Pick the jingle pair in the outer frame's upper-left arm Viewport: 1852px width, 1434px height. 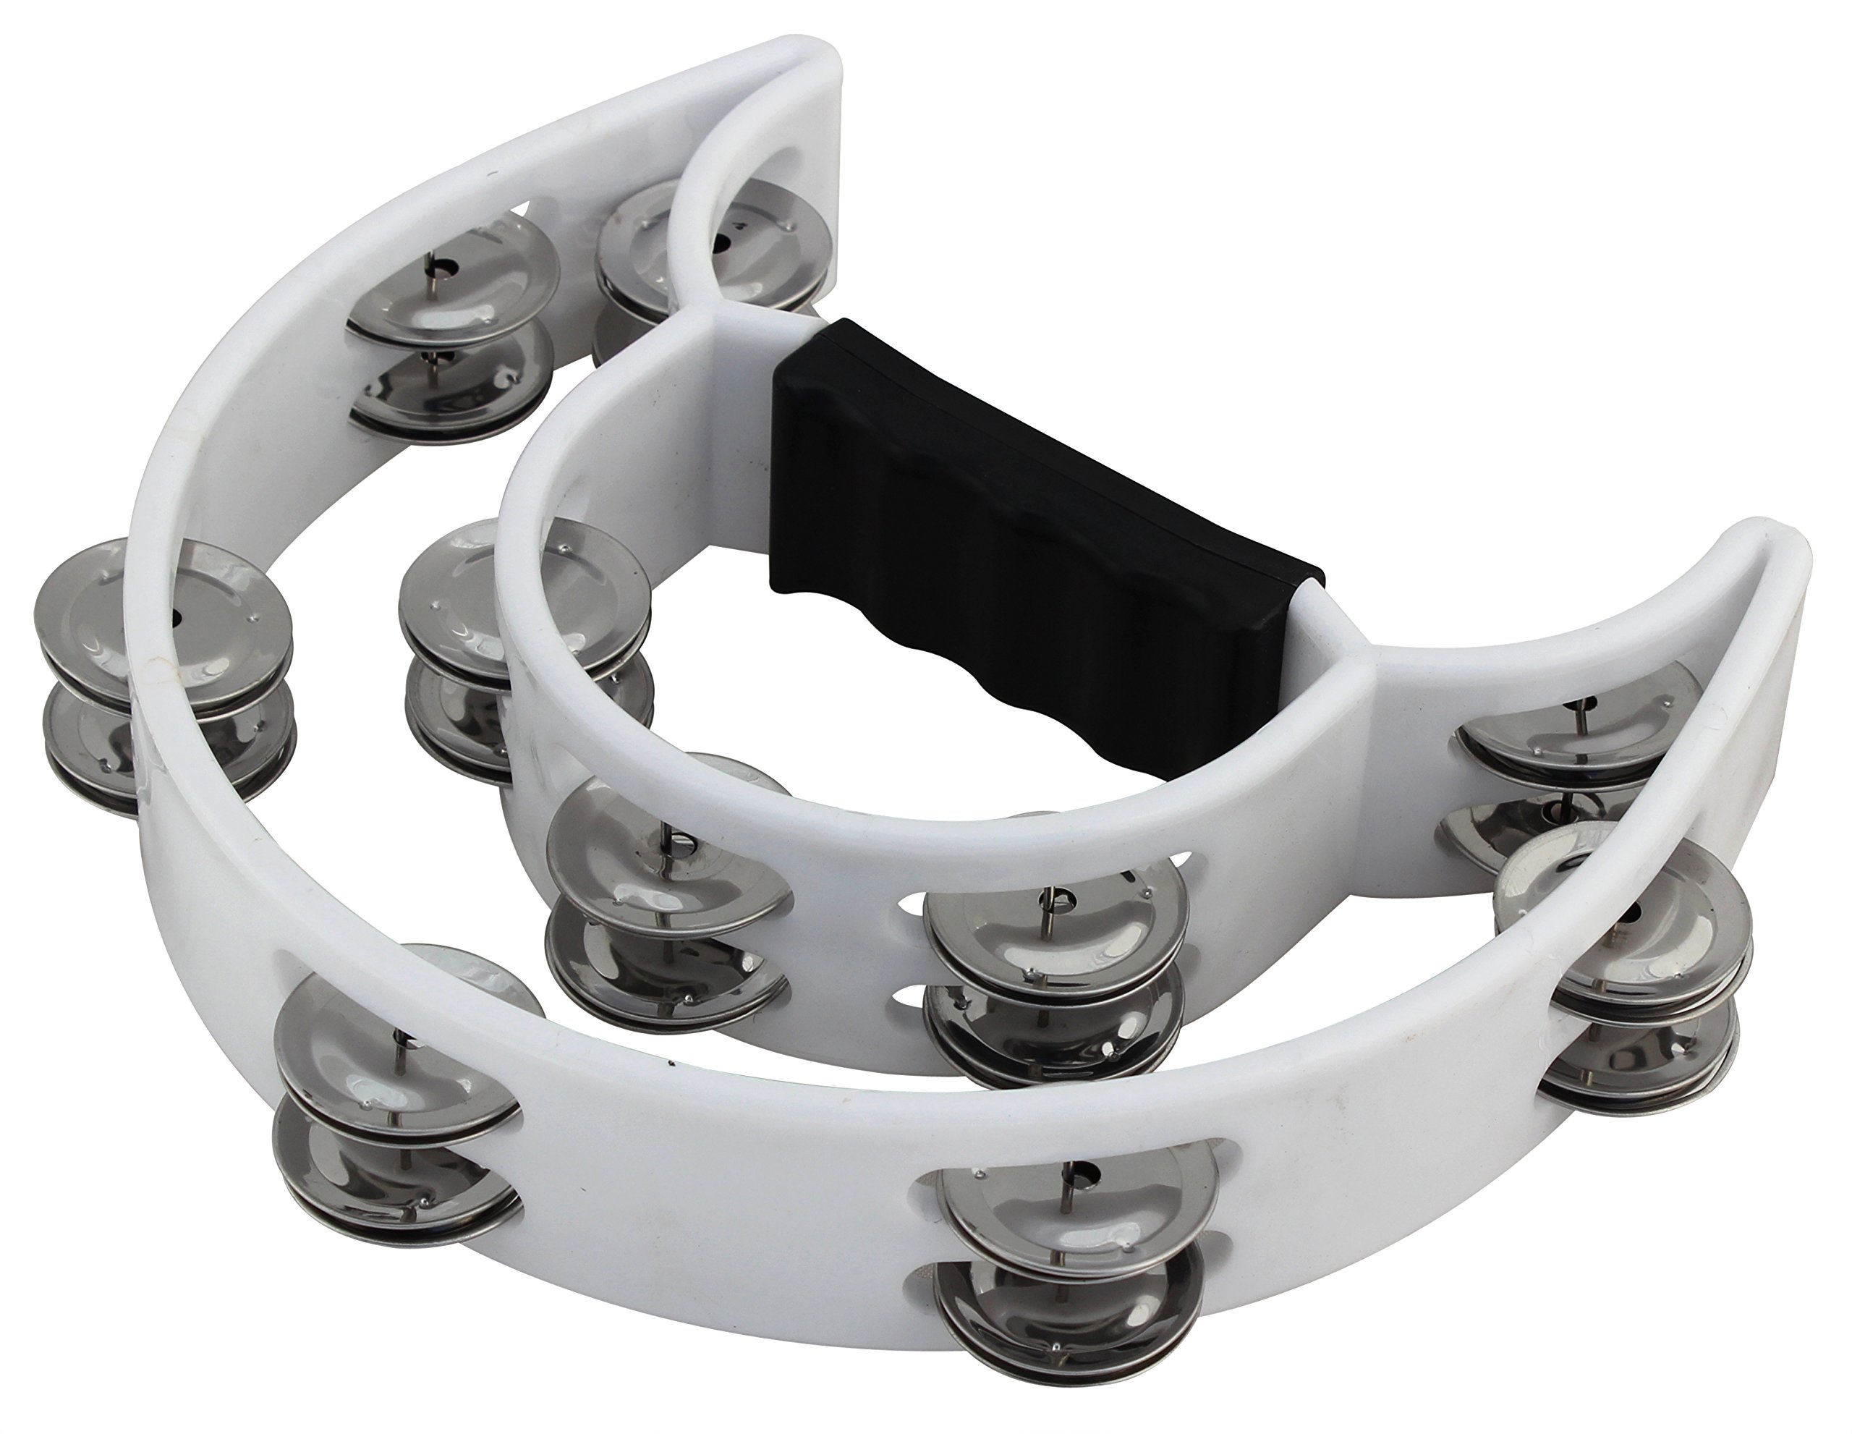pos(454,339)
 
